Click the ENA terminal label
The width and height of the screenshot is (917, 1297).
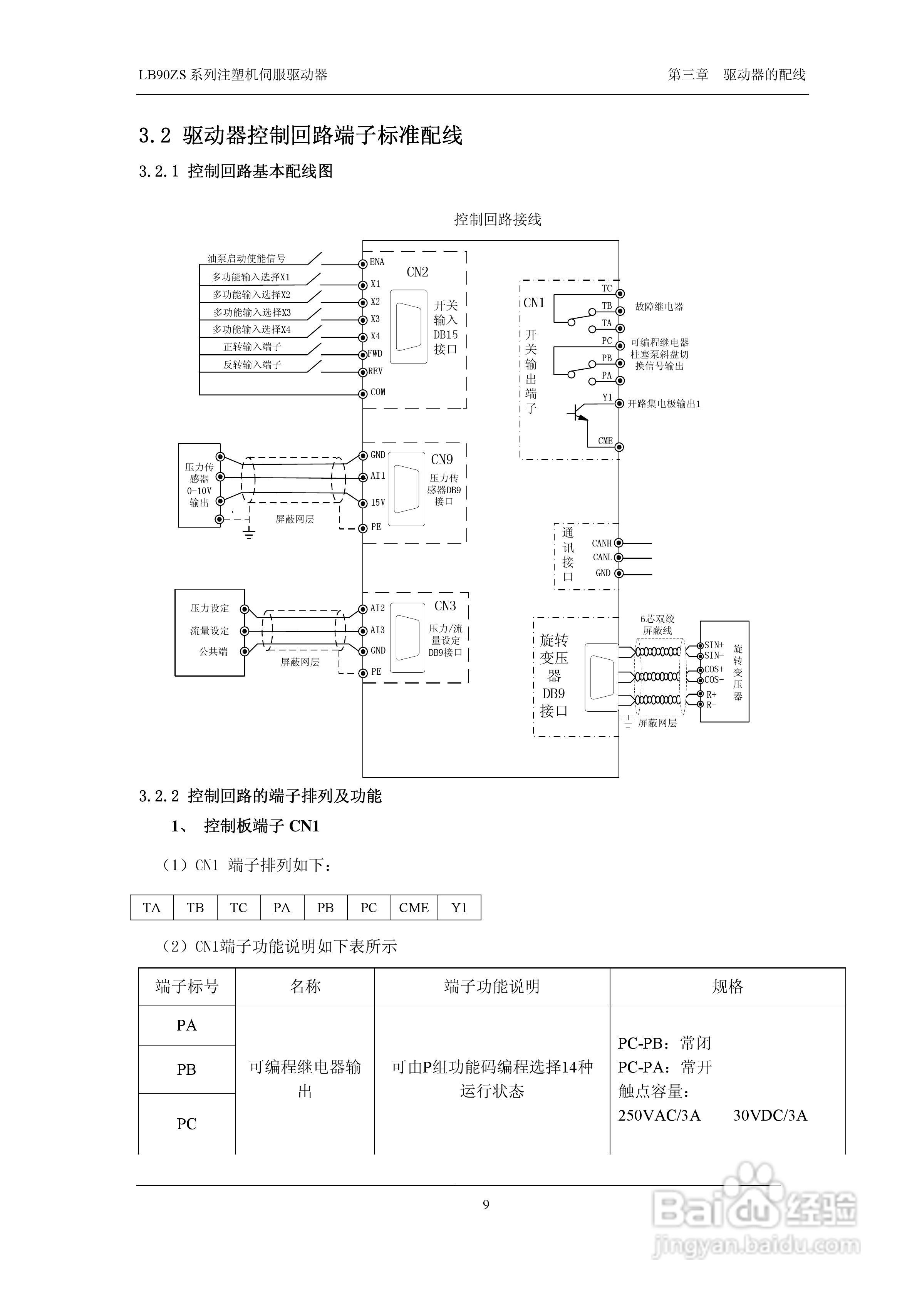pos(377,262)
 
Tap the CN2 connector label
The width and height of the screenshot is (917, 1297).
pos(417,272)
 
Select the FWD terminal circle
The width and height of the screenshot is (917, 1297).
pos(363,355)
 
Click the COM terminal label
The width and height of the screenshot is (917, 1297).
pos(377,392)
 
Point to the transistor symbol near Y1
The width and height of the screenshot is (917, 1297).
pos(578,414)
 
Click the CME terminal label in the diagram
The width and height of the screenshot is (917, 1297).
pos(605,441)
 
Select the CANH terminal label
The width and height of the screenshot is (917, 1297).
pos(602,543)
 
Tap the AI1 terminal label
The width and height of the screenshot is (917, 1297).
pos(377,476)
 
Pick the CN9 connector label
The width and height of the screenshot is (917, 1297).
pos(442,460)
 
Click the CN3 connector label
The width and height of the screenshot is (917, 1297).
pos(445,606)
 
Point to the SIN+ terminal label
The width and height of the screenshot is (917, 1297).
pos(714,645)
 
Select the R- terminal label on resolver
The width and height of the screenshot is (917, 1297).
pos(711,705)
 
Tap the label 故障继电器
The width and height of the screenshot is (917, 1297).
pos(659,307)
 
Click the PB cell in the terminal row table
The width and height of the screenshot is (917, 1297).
pos(325,908)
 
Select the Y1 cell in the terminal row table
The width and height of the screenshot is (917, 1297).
pos(459,908)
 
